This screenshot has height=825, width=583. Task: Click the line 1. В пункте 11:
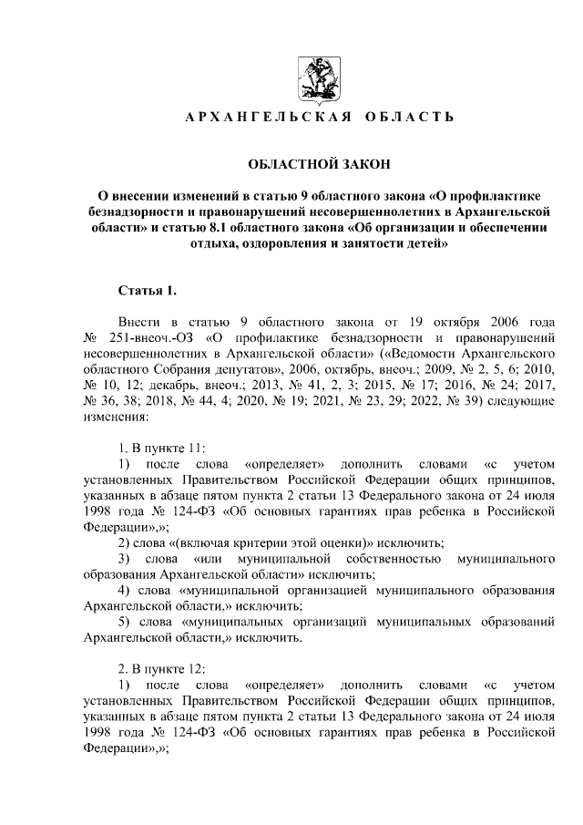(162, 449)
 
